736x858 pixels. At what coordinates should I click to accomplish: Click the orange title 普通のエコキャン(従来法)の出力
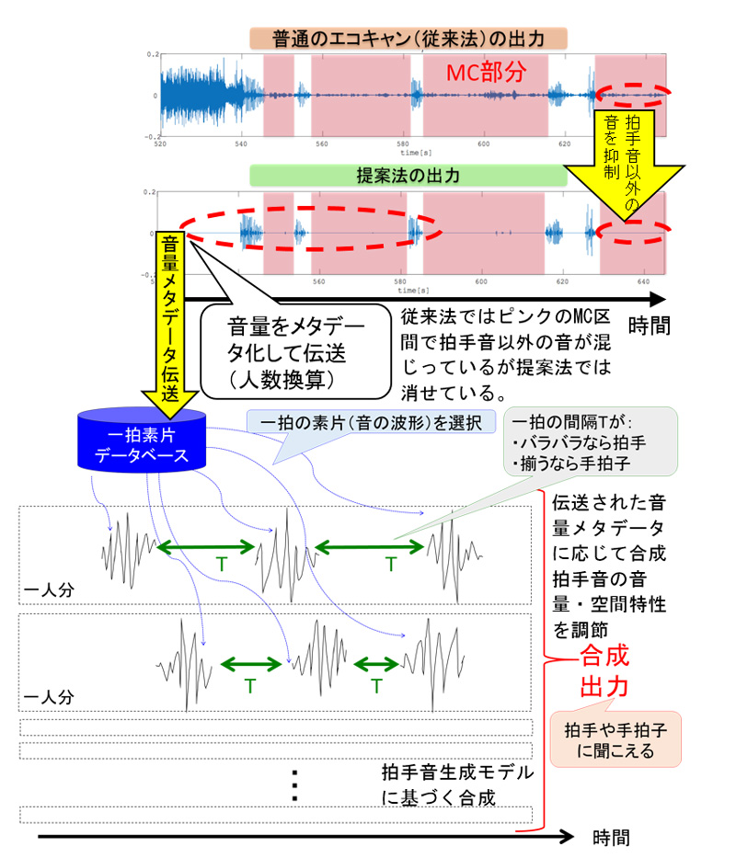[x=408, y=39]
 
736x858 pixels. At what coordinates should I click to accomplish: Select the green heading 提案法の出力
[x=408, y=175]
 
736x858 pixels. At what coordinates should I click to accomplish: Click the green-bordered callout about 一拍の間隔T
[x=589, y=441]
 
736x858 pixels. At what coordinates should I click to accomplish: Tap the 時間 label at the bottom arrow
[x=611, y=838]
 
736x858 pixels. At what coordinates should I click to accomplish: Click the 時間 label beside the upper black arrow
[x=657, y=324]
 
